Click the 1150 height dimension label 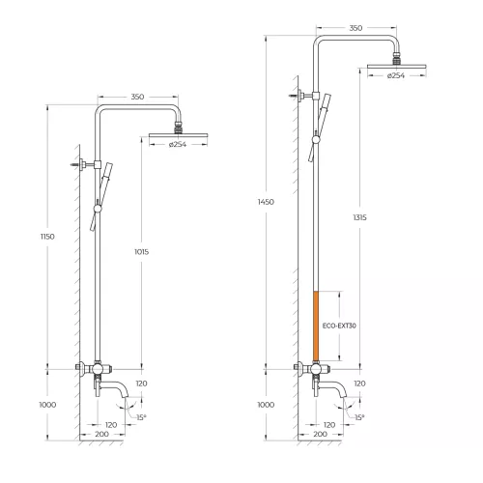point(47,237)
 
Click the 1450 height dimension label point(266,202)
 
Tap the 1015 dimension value point(142,252)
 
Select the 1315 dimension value point(359,217)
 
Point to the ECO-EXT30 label point(339,326)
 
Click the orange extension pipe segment point(316,326)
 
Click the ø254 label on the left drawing point(178,144)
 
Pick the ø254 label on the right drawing point(396,75)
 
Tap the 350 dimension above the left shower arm point(137,97)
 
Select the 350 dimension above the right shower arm point(355,28)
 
